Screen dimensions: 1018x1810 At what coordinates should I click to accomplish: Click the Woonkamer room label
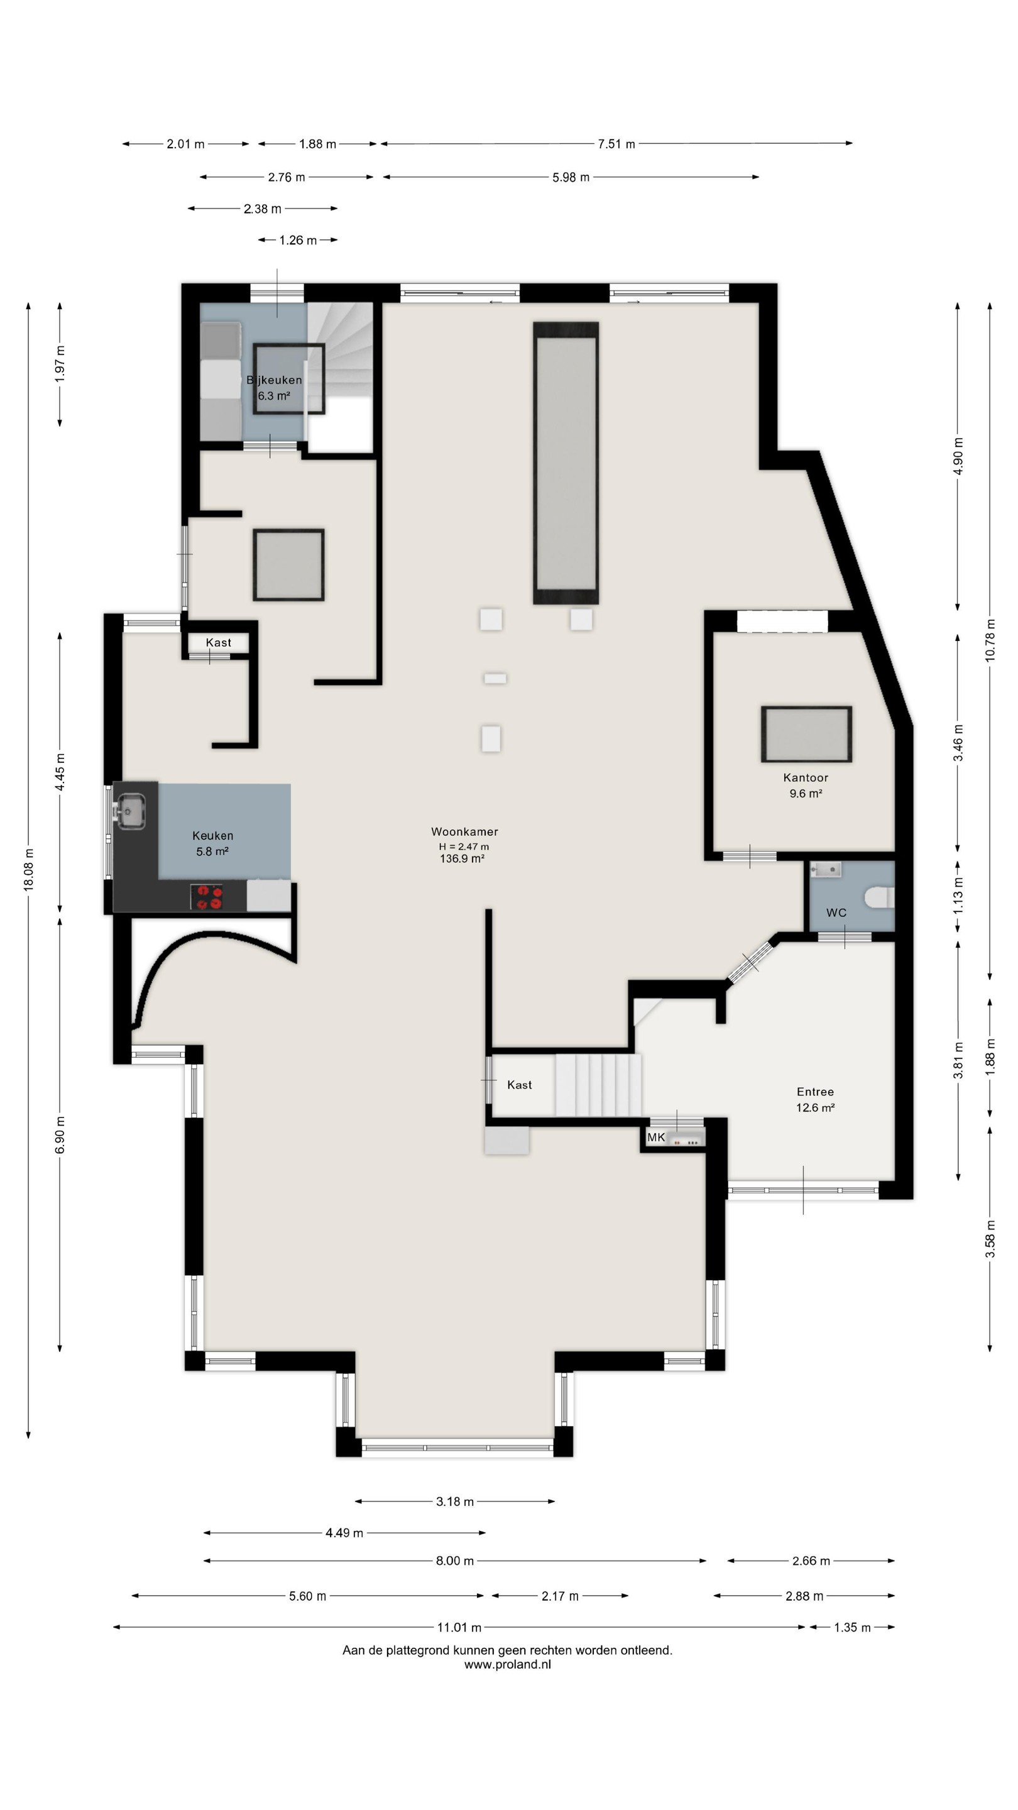(464, 831)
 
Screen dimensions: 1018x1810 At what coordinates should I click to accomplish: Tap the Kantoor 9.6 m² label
(806, 786)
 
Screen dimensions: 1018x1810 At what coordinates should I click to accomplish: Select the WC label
(836, 913)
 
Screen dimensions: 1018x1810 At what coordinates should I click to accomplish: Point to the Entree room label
(815, 1091)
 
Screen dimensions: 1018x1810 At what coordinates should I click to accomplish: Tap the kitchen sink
(131, 811)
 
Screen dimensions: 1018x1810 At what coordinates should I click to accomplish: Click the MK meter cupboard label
(655, 1137)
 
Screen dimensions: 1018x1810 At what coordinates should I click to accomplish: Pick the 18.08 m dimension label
(29, 869)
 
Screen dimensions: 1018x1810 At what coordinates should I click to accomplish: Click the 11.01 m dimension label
(459, 1627)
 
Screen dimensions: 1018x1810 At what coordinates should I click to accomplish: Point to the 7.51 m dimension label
(616, 144)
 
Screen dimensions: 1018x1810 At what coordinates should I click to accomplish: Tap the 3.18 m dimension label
(454, 1501)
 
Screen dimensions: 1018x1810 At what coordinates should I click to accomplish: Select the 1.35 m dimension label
(852, 1627)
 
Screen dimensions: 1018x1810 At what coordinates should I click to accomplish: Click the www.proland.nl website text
(507, 1665)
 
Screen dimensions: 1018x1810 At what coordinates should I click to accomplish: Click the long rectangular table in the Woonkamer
(566, 463)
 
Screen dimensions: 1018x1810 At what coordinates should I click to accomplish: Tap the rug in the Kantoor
(806, 734)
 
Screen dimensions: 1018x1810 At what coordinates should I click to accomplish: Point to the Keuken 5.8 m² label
(212, 843)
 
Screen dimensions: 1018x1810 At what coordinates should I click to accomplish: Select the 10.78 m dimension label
(990, 639)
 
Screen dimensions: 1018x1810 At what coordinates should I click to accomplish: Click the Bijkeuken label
(274, 380)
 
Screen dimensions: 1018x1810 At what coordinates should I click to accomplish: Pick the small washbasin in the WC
(826, 870)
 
